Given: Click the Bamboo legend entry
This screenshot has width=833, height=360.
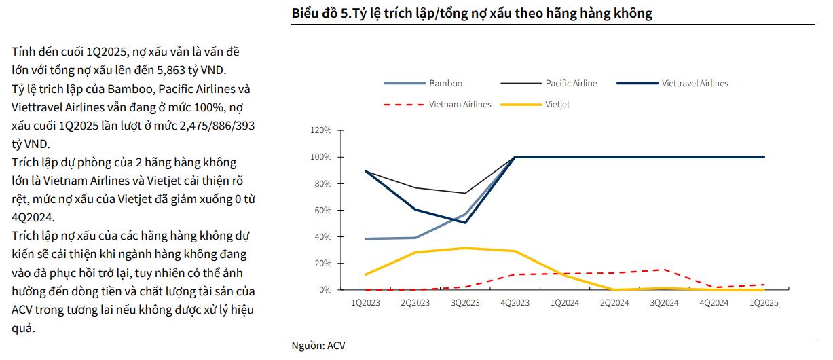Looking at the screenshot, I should pos(445,84).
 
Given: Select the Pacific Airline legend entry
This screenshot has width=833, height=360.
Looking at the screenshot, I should pos(571,84).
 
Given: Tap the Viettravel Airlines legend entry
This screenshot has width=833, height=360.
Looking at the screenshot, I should pos(695,84).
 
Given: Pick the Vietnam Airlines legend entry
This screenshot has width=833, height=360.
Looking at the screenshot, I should pos(460,105).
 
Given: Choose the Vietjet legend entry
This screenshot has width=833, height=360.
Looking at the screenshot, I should pos(557,105).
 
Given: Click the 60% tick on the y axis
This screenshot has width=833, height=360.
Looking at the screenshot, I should pos(323,211).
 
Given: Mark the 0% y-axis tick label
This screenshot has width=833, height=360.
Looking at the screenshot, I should pos(325,290).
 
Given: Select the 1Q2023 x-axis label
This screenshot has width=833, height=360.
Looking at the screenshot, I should pos(366,303).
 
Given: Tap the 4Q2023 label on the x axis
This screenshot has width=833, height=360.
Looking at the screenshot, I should pos(515,303).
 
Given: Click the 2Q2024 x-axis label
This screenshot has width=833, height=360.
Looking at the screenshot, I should pos(615,303).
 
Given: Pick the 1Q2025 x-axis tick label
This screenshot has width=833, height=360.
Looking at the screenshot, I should pos(764,303).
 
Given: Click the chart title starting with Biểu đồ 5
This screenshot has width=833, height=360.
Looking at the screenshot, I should pos(472,13).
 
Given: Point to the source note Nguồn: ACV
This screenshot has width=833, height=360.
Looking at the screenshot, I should pos(318,346).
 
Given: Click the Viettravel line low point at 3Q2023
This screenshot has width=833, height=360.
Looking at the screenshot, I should pos(466,223).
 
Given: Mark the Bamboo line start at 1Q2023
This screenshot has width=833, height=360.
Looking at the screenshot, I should pos(366,239).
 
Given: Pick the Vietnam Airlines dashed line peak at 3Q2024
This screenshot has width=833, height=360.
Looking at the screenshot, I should pos(665,270).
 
